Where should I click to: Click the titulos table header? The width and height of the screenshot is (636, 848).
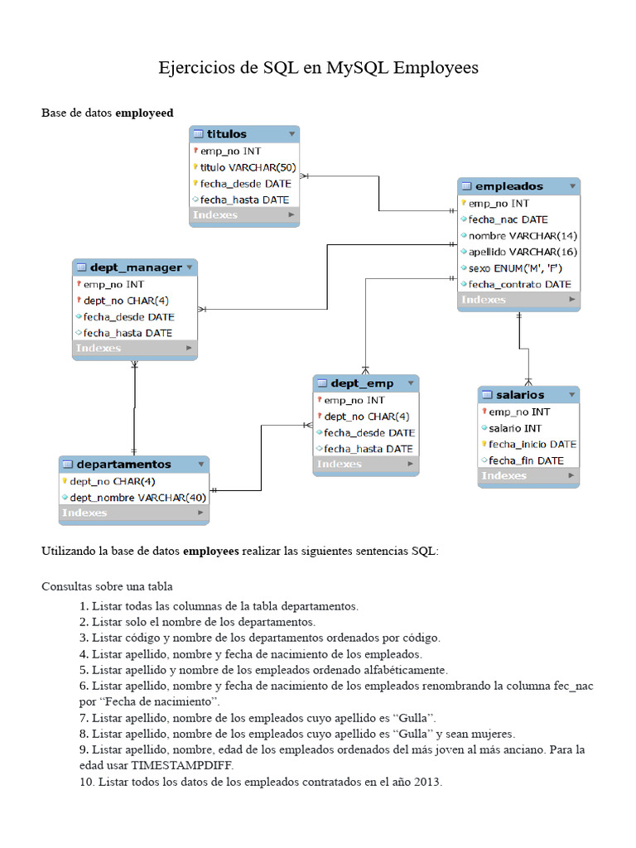coord(227,134)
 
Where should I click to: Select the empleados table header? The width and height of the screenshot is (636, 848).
coord(510,186)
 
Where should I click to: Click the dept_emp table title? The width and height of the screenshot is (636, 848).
coord(362,383)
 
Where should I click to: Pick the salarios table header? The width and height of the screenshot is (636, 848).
coord(520,395)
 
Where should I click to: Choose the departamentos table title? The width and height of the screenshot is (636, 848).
coord(123,465)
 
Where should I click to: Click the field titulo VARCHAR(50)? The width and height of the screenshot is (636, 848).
coord(248,167)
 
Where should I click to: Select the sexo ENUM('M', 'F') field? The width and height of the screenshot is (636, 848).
coord(509,268)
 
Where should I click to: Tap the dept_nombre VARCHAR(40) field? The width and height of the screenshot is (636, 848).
coord(137,498)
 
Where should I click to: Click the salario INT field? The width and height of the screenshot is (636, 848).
coord(514,428)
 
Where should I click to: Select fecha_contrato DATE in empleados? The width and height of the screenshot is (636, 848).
coord(519,284)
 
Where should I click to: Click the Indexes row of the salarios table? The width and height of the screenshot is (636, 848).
coord(504,476)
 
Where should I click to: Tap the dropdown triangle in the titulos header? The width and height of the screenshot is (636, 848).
coord(291,134)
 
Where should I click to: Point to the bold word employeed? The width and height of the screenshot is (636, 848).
coord(144,113)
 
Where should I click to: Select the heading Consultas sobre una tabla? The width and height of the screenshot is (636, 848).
coord(107,586)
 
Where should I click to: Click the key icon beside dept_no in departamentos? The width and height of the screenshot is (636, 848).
coord(64,481)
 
